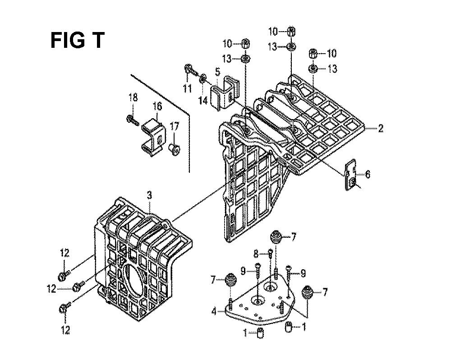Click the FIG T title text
click(x=77, y=41)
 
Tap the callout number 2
click(x=381, y=129)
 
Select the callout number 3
click(x=150, y=195)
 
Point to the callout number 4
click(x=214, y=311)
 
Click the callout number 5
click(x=217, y=71)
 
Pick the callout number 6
click(x=368, y=174)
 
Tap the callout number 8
click(x=255, y=254)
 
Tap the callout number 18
click(x=133, y=97)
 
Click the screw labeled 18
click(x=133, y=120)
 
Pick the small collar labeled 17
click(x=174, y=148)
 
